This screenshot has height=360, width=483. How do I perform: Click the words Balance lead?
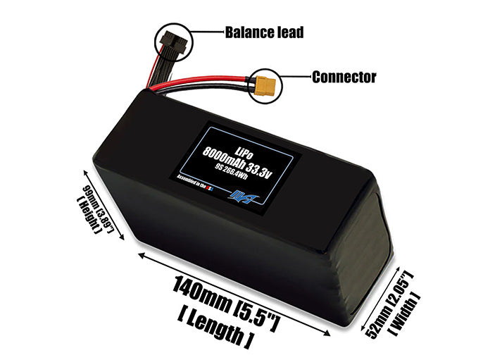coord(264,32)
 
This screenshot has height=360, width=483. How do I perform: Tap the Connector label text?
coord(344,77)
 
